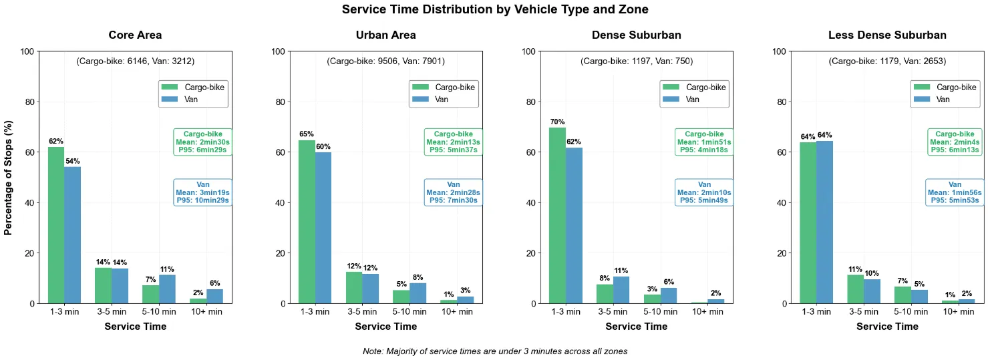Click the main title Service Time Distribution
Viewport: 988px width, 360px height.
(494, 9)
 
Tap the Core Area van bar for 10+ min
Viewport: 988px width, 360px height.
(214, 296)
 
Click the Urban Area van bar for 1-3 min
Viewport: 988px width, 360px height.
(323, 228)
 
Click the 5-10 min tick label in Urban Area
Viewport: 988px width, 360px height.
(409, 311)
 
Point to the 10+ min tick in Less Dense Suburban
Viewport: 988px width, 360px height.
(958, 311)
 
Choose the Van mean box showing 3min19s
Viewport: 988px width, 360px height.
(203, 192)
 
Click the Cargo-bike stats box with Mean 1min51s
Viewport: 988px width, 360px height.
(704, 142)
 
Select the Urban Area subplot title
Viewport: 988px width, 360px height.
(385, 35)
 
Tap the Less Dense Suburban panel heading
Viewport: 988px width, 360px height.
(886, 35)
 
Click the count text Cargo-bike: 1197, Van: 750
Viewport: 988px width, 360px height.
(636, 61)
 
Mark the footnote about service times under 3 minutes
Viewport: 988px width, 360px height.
(494, 351)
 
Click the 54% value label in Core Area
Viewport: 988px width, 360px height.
(72, 161)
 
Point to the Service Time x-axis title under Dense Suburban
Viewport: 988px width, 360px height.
(636, 327)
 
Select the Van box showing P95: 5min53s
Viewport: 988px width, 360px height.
(955, 192)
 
